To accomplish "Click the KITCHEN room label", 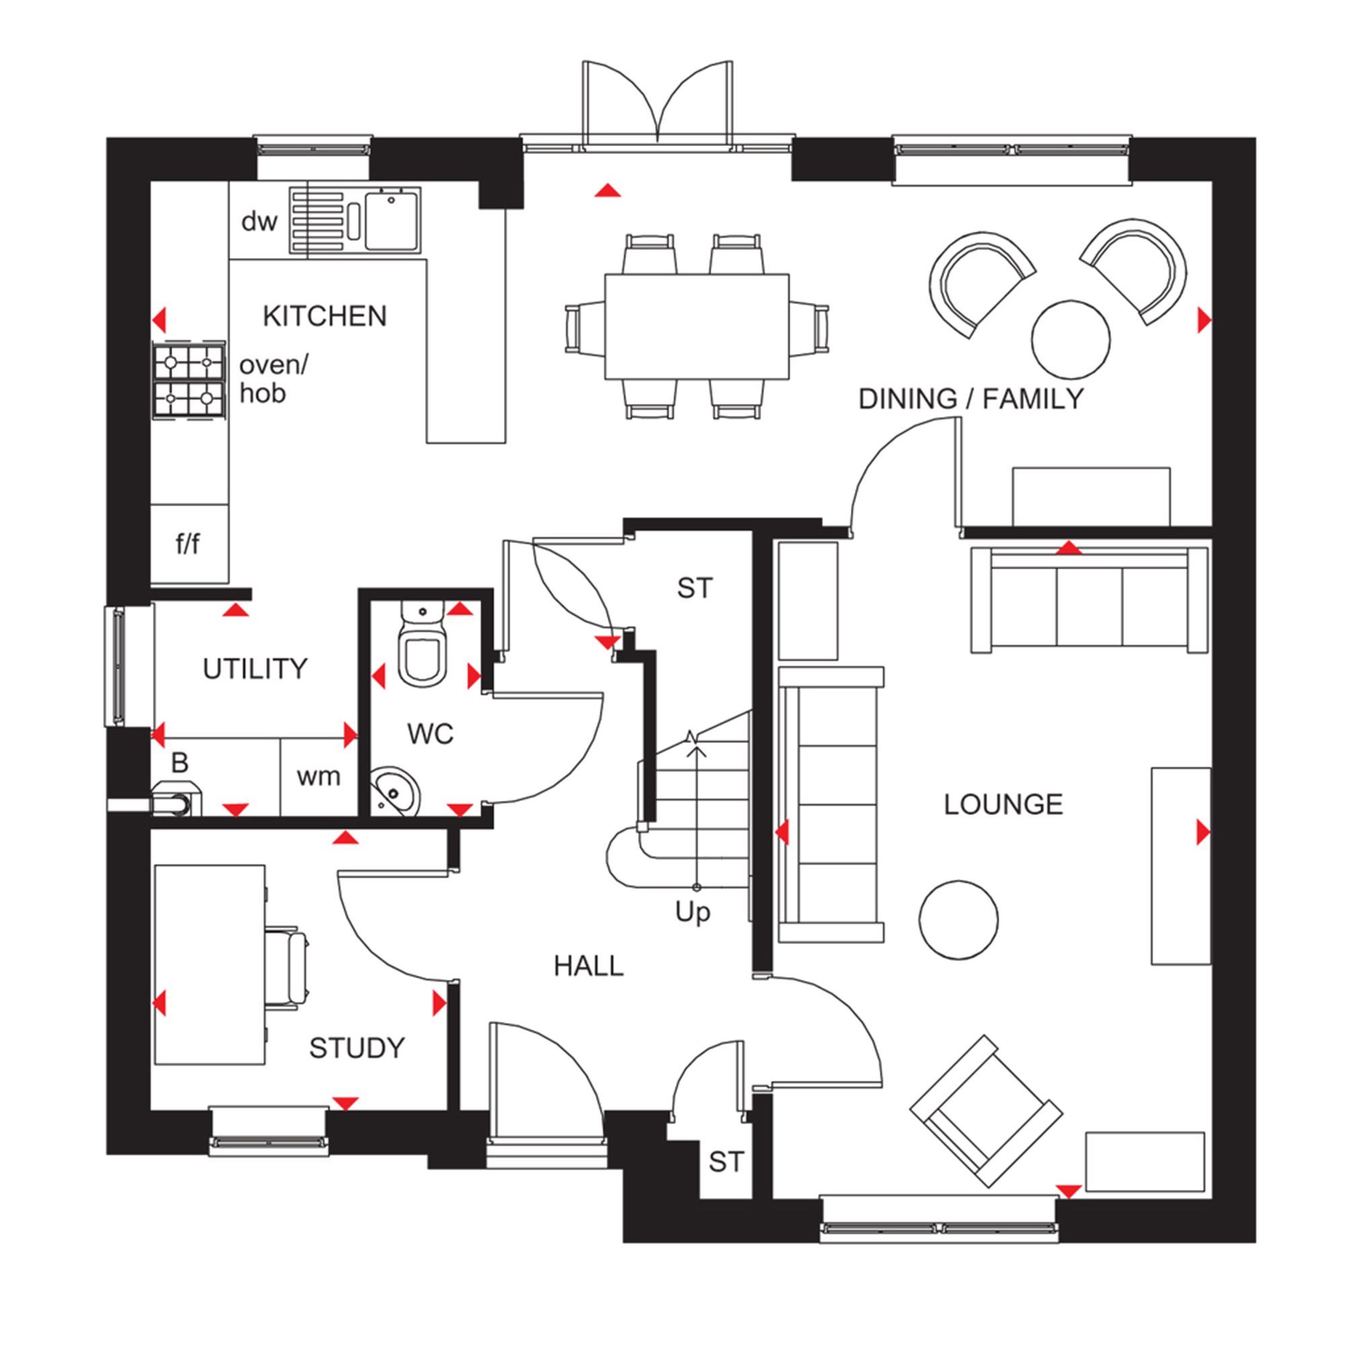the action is coord(324,316).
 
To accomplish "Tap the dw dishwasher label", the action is coord(259,221).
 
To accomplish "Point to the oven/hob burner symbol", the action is coord(190,380).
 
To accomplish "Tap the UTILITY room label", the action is coord(255,669).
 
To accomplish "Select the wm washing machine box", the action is coord(318,776).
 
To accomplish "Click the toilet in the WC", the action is coord(422,648).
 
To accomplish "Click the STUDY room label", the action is coord(357,1048).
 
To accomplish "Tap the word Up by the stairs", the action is coord(693,912).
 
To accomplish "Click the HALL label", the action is coord(589,966).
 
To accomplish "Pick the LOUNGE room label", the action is coord(1003,805).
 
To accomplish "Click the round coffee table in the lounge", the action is coord(958,919).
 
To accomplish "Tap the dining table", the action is coord(697,326).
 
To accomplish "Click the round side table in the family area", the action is coord(1070,340).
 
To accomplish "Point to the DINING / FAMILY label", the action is coord(971,398).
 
